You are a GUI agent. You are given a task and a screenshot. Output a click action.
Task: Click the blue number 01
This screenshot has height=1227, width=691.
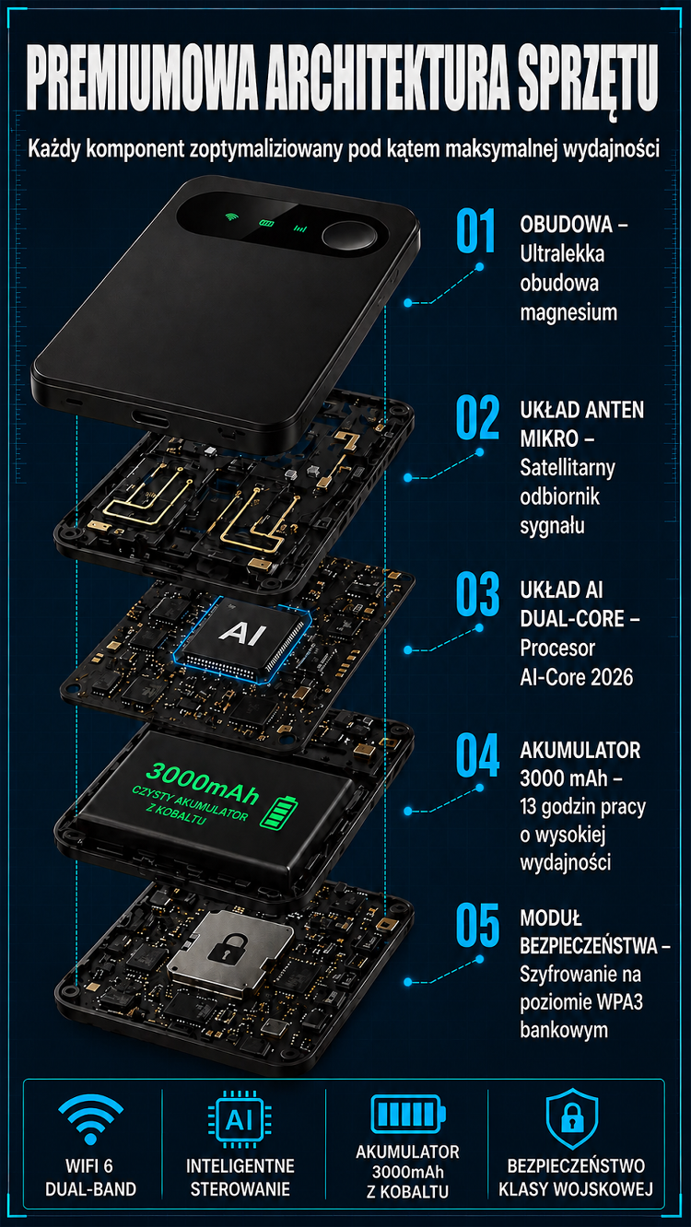[x=475, y=230]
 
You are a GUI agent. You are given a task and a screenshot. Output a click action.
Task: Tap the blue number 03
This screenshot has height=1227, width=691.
[x=477, y=594]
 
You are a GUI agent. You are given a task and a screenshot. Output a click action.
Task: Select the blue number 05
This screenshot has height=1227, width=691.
[x=477, y=925]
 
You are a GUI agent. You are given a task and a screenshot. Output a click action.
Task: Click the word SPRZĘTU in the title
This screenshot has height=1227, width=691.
[x=588, y=79]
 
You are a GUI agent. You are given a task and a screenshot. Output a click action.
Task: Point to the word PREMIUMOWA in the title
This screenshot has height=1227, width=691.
[x=142, y=77]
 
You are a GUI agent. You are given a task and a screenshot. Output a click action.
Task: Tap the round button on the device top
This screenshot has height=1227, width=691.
[x=349, y=236]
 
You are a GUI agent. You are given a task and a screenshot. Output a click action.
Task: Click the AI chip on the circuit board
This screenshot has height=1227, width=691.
[x=242, y=636]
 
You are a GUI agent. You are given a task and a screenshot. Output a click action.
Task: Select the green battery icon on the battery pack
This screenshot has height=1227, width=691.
[x=279, y=812]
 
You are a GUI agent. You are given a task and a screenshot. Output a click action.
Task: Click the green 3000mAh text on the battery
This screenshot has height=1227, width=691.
[x=202, y=783]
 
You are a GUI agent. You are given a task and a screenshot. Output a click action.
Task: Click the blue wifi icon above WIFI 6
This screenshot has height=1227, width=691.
[x=90, y=1118]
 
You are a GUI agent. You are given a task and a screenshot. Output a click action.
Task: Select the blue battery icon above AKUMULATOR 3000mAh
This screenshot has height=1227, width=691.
[x=408, y=1114]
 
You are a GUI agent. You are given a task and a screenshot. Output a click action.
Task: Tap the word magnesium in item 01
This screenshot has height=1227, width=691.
[x=568, y=313]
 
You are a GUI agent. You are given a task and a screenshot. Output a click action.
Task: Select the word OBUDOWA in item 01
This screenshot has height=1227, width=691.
[x=566, y=225]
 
